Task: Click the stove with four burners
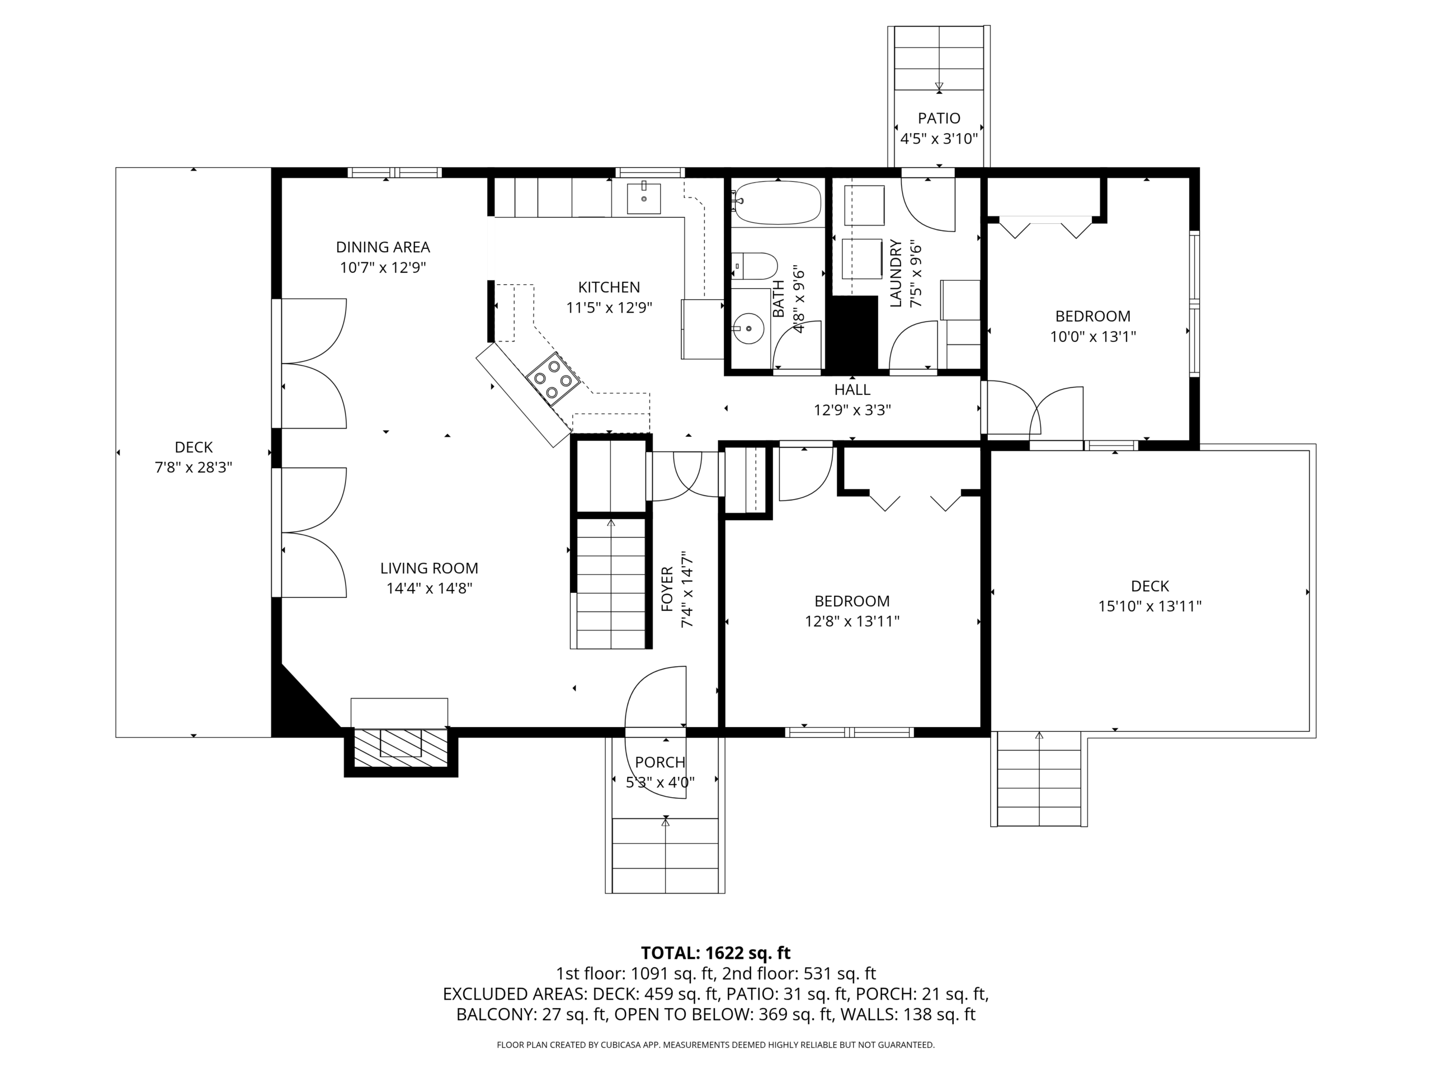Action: click(552, 379)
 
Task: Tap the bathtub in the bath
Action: click(776, 202)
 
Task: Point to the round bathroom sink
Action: click(749, 328)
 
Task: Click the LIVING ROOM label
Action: click(429, 568)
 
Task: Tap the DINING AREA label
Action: click(383, 247)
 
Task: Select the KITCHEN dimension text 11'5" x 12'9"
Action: click(609, 308)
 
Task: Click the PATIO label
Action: click(939, 119)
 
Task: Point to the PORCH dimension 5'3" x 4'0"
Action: click(660, 783)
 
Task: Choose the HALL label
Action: click(852, 390)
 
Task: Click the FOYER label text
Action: click(667, 589)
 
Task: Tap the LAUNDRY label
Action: click(896, 273)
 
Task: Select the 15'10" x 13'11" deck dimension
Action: click(1150, 606)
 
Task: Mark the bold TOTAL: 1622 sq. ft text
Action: click(715, 953)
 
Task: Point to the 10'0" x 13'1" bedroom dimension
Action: click(1093, 337)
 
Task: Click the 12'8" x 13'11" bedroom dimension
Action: click(852, 621)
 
